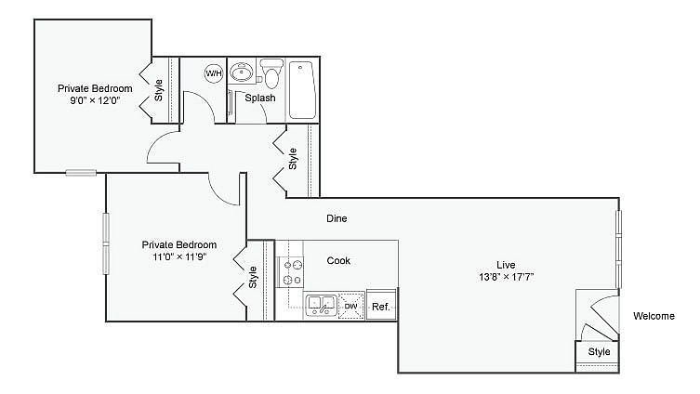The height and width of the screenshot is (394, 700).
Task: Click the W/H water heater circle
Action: coord(214,72)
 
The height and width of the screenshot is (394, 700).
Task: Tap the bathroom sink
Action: coord(242,72)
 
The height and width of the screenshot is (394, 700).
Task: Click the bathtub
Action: coord(303,89)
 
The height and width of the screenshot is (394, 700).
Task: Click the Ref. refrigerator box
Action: coord(380,306)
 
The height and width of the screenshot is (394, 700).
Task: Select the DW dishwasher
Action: coord(350,306)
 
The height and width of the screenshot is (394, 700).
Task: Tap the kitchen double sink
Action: coord(321,304)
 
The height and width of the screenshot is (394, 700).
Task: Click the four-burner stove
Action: coord(291,270)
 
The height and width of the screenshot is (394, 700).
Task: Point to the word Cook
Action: coord(338,260)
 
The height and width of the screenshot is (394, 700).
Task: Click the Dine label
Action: coord(337,219)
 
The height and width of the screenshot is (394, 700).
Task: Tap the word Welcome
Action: coord(654,316)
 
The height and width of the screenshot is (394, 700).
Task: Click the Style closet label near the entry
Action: coord(599,352)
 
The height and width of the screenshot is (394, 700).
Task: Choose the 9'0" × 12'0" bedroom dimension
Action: coord(95,101)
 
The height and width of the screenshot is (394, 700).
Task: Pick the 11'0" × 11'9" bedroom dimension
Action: coord(178,257)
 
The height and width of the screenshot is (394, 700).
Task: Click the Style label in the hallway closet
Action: coord(293,160)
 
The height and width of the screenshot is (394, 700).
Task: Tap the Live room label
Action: coord(507,264)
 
